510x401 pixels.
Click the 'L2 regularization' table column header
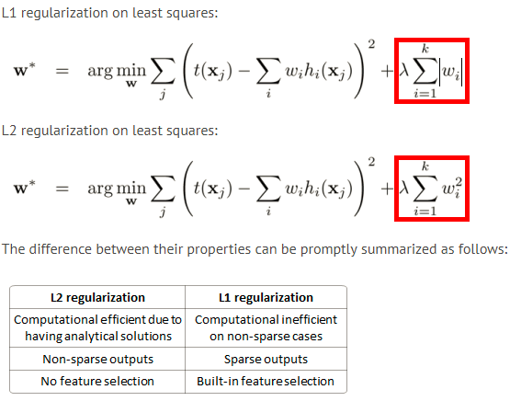coord(97,297)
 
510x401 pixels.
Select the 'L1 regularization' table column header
coord(266,297)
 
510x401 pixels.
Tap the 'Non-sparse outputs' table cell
coord(97,359)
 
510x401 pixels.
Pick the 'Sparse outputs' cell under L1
coord(266,359)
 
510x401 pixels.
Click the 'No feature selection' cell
coord(97,381)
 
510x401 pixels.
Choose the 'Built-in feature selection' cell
coord(266,381)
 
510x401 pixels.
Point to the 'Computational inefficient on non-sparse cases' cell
coord(266,327)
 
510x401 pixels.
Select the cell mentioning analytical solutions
coord(97,327)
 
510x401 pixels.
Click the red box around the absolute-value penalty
coord(395,71)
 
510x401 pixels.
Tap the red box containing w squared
coord(395,189)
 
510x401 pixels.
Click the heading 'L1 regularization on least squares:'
coord(109,14)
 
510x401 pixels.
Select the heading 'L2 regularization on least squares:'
coord(109,131)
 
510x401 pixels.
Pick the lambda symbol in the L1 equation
coord(404,70)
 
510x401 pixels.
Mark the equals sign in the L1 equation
coord(62,71)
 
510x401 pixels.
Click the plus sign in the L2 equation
coord(387,189)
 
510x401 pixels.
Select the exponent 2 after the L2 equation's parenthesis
coord(371,162)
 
